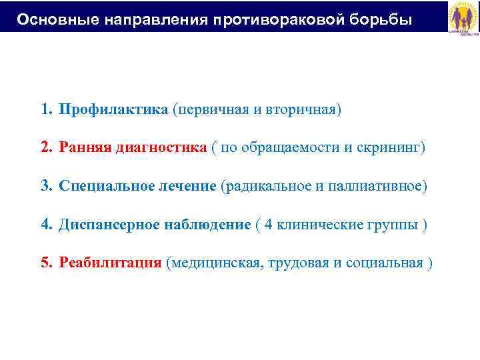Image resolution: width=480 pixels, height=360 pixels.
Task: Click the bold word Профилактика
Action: coord(113,109)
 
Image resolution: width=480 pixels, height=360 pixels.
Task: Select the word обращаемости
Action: coord(290,147)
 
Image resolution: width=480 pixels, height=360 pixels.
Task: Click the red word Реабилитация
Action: coord(110,263)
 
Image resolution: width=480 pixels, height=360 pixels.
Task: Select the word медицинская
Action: coord(215,263)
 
